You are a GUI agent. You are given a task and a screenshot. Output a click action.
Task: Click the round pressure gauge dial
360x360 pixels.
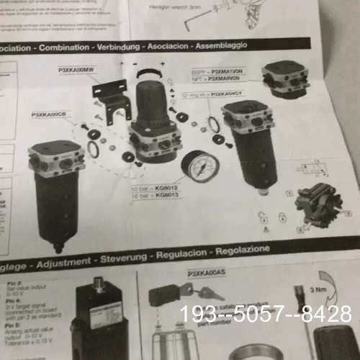[199, 166]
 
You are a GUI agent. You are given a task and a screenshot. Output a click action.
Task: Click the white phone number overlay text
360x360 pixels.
[266, 314]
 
